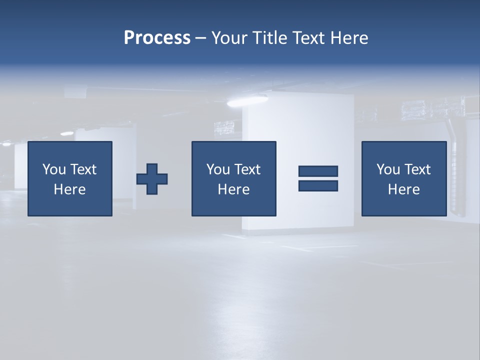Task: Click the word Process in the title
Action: tap(157, 38)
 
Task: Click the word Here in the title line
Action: tap(349, 38)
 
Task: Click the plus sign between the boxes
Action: tap(152, 179)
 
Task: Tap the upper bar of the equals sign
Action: tap(318, 171)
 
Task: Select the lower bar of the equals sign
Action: tap(318, 185)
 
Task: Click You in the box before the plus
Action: tap(53, 169)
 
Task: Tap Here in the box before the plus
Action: tap(69, 189)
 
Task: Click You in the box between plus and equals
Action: tap(217, 169)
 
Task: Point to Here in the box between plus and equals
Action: tap(233, 189)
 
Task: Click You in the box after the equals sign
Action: tap(387, 169)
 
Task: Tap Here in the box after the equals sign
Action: tap(403, 189)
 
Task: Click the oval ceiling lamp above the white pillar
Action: tap(240, 102)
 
